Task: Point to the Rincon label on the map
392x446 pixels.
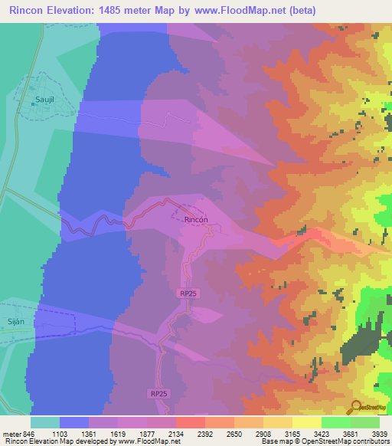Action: [196, 219]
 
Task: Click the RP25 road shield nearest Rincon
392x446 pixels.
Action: [189, 293]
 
